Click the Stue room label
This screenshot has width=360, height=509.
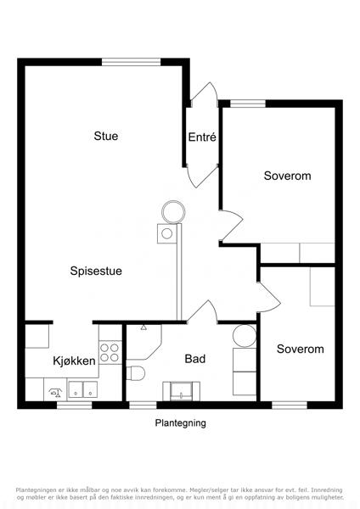tap(106, 136)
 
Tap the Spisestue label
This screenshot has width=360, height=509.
tap(96, 271)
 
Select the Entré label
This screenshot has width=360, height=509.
tap(202, 137)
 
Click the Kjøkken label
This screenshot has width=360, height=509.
tap(75, 361)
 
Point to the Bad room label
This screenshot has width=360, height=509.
tap(195, 359)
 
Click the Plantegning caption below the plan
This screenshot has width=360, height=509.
tap(180, 423)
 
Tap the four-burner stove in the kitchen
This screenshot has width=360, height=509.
tap(110, 353)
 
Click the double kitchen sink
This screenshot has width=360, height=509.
tap(83, 389)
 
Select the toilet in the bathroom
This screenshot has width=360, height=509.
tap(135, 373)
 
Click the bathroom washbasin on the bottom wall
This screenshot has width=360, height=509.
tap(182, 391)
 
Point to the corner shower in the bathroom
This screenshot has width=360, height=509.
tap(143, 342)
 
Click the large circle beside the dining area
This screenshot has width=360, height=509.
tap(173, 212)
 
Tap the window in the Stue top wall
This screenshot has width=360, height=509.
tap(132, 62)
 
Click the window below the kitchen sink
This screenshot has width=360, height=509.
tap(75, 406)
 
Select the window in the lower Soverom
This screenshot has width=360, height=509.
tap(290, 406)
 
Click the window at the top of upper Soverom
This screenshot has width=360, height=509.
tap(248, 103)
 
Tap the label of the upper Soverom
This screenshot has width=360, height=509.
tap(287, 176)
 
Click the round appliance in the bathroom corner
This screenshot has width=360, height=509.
tap(245, 335)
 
